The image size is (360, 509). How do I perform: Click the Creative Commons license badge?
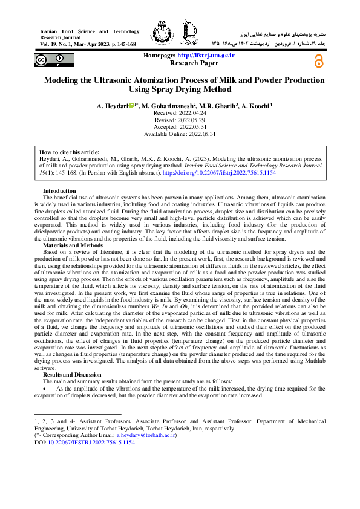[x=50, y=60]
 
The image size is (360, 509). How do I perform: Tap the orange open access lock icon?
[x=318, y=61]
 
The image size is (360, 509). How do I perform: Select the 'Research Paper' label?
[x=194, y=63]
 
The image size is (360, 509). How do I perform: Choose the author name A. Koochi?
[x=258, y=106]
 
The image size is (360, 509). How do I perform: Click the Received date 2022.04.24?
[x=180, y=114]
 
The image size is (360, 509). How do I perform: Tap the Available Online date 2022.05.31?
[x=180, y=134]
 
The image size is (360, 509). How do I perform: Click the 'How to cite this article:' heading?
[x=69, y=152]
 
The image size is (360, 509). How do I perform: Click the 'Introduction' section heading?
[x=59, y=191]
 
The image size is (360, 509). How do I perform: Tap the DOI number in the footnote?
[x=91, y=442]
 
